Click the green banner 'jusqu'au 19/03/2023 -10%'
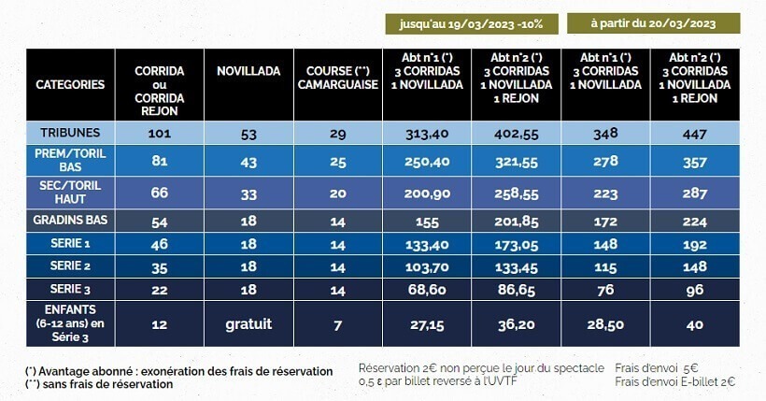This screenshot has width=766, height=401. coord(473,23)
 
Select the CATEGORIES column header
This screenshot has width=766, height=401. coord(70,84)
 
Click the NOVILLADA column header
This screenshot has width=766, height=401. coord(248,71)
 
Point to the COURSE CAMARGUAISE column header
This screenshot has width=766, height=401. coord(337,78)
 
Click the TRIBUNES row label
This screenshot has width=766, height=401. coord(70,133)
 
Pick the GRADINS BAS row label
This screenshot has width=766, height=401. coord(70,222)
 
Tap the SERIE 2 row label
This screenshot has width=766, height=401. coord(70,265)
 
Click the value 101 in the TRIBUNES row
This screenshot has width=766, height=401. coord(159,133)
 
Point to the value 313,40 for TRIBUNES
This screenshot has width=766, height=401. coord(426,133)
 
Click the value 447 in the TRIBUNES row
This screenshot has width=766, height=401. coord(694,133)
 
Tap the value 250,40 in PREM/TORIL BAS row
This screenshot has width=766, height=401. coord(426,162)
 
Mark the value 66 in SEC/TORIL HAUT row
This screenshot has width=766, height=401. coord(159,192)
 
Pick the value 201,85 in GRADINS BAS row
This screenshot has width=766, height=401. coord(516,222)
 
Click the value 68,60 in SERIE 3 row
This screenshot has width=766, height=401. coord(426,291)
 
